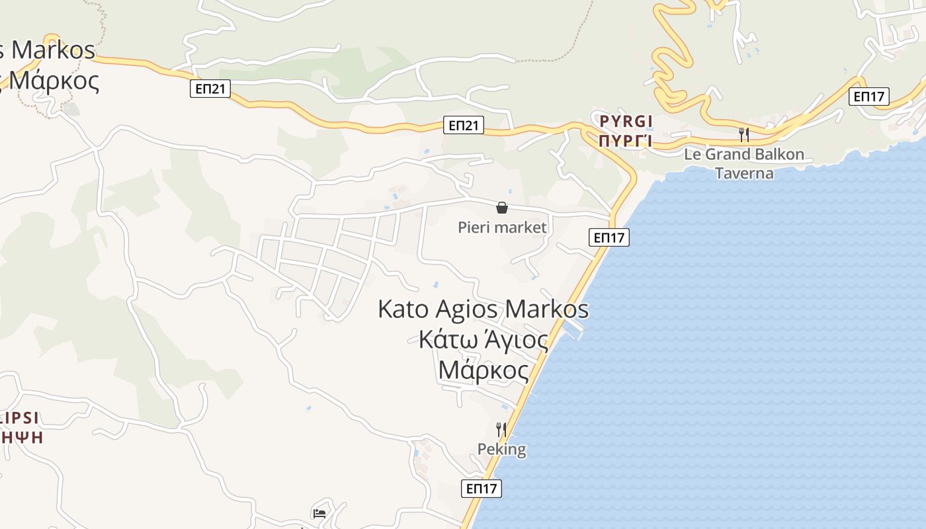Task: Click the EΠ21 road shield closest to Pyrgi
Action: point(464,125)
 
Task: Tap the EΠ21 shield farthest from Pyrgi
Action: point(210,89)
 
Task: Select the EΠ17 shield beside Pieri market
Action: point(609,237)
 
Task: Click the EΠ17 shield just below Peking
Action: point(482,489)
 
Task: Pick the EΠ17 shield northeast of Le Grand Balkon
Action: point(869,97)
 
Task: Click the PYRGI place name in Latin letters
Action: point(626,121)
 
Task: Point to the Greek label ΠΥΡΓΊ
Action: point(626,141)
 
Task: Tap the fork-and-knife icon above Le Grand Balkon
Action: point(744,135)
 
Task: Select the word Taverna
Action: point(744,173)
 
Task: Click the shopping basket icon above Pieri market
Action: point(502,208)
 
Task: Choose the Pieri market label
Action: point(503,227)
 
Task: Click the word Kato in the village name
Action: point(403,309)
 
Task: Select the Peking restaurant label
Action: point(502,450)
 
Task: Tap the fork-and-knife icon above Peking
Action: point(501,429)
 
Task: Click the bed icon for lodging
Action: point(319,513)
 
